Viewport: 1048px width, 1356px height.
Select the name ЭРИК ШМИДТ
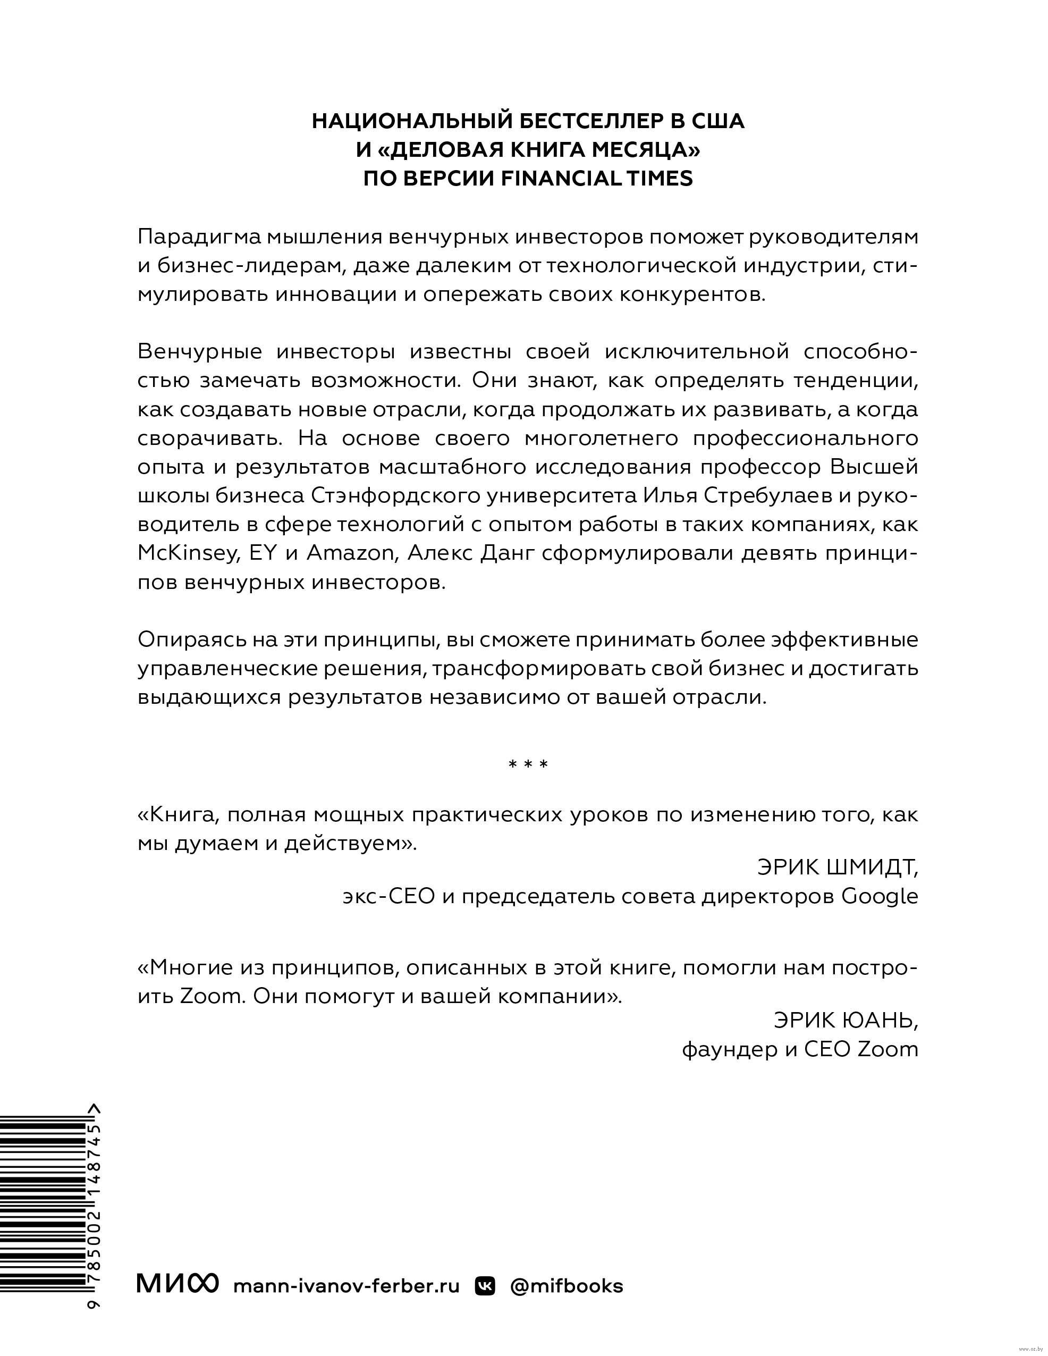pos(837,867)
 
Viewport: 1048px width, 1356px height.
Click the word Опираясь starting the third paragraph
pos(185,640)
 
